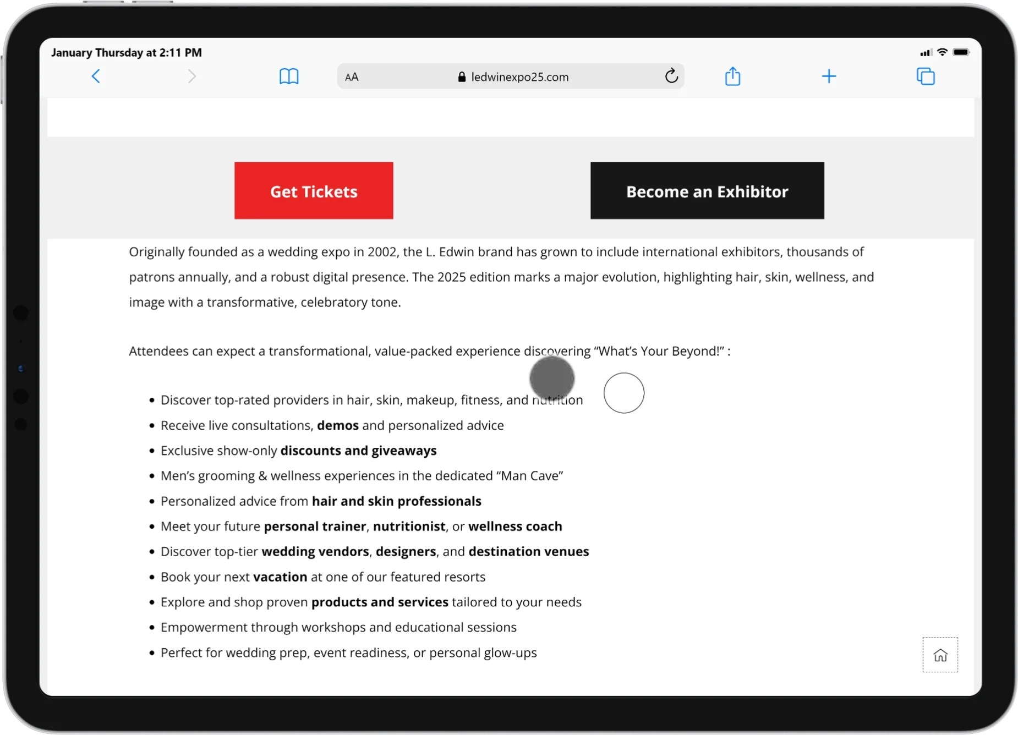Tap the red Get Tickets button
pos(314,191)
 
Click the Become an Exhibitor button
pos(707,191)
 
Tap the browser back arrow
pos(96,76)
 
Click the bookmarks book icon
pos(289,76)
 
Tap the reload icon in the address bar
pos(671,76)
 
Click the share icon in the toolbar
pos(732,76)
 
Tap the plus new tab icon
pos(829,76)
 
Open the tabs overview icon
pos(926,76)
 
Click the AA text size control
pos(352,77)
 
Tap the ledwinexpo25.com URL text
pos(519,77)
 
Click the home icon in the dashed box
pos(940,655)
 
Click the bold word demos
pos(338,425)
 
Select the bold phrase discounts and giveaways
pos(358,451)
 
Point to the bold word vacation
pos(280,577)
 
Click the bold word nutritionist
pos(409,526)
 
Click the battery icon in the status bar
pos(961,52)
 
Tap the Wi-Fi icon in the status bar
pos(942,52)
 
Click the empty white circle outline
pos(624,393)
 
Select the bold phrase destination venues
pos(528,552)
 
